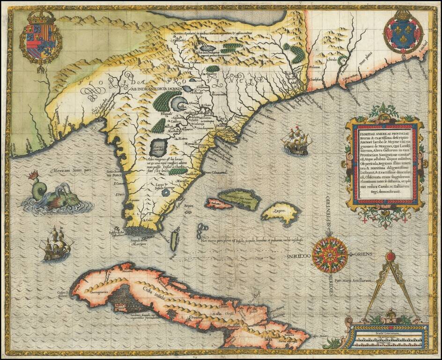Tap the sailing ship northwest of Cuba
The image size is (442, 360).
pos(56,243)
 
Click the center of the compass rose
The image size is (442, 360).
pos(330,255)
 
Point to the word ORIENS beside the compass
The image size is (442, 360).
pos(363,255)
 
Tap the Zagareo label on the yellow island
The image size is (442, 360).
pos(280,211)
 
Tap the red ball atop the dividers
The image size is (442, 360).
pos(390,257)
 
